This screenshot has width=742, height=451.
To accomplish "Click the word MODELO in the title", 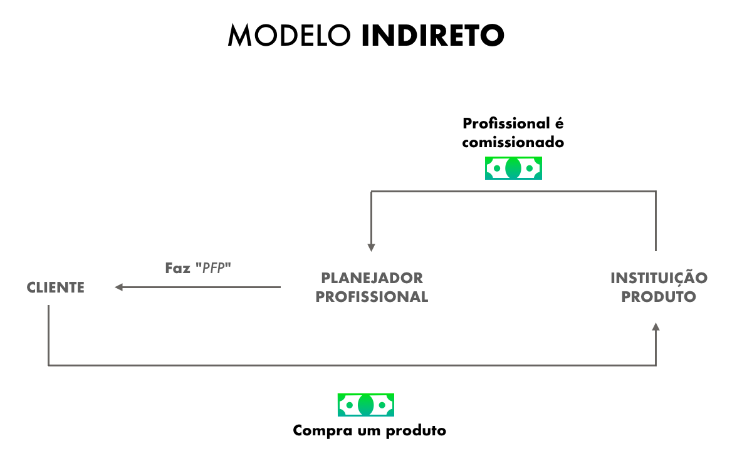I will click(290, 36).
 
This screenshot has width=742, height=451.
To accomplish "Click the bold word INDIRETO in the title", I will click(432, 36).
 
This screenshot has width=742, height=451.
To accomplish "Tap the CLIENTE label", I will click(56, 288).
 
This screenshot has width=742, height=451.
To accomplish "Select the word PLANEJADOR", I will click(372, 277).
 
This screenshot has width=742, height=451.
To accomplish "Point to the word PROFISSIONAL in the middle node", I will click(372, 297).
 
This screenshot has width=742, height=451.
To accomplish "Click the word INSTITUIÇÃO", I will click(659, 277).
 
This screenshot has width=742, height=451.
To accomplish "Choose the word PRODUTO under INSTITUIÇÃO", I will click(659, 297).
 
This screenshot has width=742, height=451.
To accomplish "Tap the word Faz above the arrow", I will click(177, 268).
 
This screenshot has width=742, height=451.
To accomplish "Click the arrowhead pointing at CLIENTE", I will click(118, 288).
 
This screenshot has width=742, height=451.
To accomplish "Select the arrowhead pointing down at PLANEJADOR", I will click(372, 247).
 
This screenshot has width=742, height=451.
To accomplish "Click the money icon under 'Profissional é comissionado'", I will click(513, 168).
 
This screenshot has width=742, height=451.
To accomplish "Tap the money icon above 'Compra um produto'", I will click(366, 405).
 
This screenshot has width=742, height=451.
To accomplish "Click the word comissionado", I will click(513, 142).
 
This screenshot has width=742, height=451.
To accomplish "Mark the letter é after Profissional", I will click(560, 123).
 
